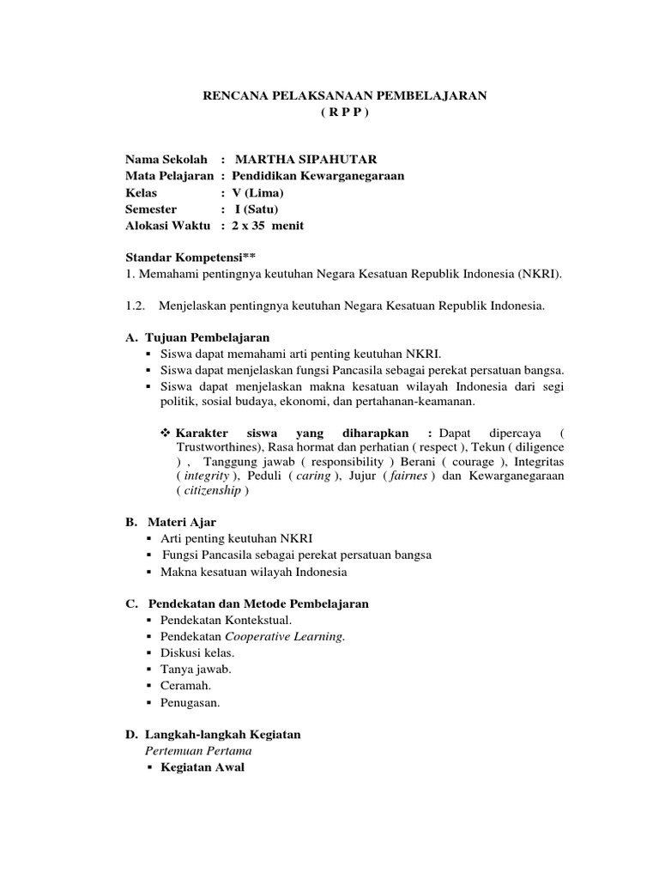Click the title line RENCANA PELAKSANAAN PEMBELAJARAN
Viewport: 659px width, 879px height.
[344, 96]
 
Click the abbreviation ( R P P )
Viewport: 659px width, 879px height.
[343, 112]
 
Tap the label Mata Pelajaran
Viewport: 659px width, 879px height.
[169, 176]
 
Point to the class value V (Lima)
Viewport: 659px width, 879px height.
[257, 193]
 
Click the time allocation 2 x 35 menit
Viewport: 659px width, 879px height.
[268, 226]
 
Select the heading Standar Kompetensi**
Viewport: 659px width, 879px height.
[190, 258]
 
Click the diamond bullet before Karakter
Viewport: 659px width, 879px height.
[167, 433]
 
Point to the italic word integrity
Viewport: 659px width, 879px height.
[206, 475]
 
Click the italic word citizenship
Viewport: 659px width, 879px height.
[213, 491]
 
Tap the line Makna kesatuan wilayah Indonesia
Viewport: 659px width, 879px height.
[253, 572]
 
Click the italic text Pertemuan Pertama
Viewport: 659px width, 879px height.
[198, 750]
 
